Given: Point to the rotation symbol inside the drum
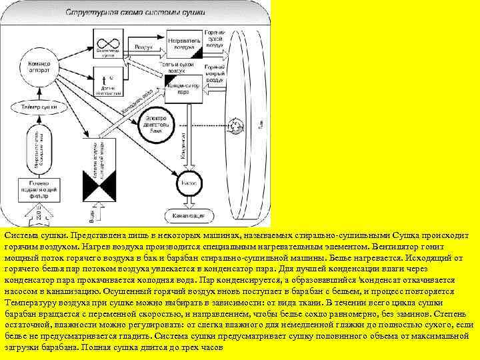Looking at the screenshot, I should tap(235, 123).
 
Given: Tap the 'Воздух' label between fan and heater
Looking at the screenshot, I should tap(144, 48).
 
